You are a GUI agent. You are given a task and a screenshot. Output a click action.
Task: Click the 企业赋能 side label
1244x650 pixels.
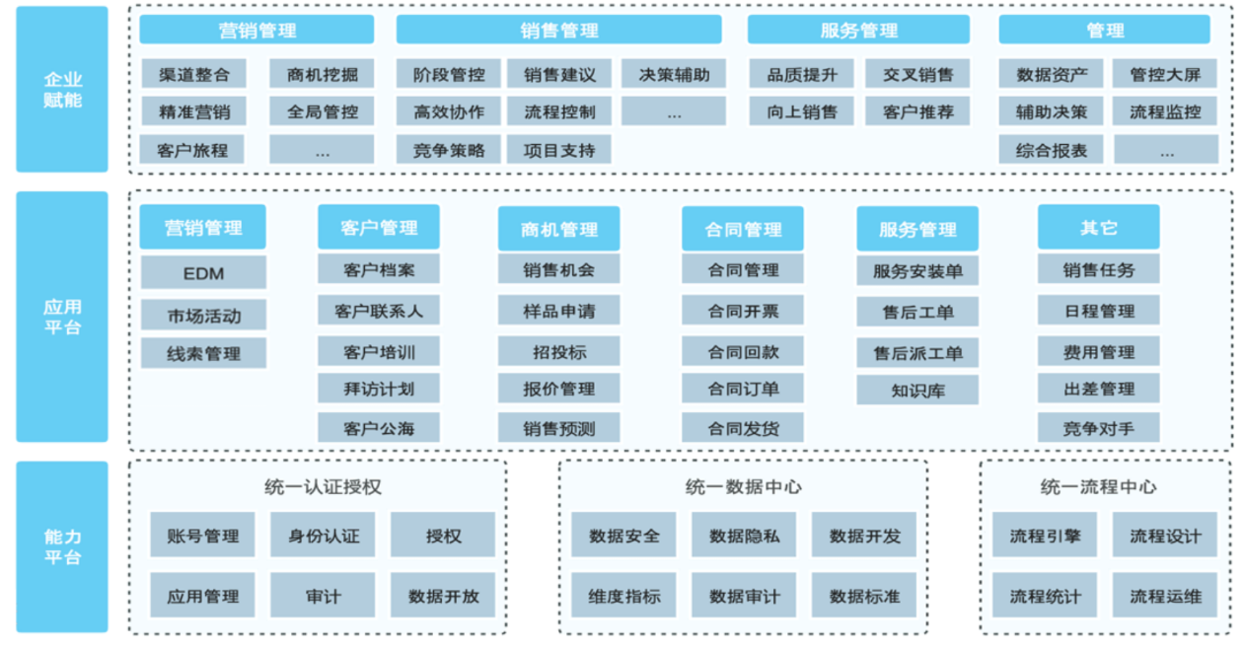click(x=62, y=89)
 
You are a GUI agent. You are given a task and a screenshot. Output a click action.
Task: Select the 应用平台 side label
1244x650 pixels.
click(x=62, y=317)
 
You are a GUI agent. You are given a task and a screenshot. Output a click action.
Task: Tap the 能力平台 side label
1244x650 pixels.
click(x=62, y=546)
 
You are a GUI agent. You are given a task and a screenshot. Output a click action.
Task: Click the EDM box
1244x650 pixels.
click(x=203, y=273)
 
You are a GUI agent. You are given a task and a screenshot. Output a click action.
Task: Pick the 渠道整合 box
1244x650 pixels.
click(x=193, y=74)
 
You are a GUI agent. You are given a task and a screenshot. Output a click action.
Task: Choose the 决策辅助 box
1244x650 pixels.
click(x=673, y=74)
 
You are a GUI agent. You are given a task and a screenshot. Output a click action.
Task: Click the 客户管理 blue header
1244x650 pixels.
click(x=378, y=228)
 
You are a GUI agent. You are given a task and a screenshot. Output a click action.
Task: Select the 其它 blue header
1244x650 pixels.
click(x=1098, y=228)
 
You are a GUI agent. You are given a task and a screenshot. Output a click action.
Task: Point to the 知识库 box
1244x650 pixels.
click(x=917, y=391)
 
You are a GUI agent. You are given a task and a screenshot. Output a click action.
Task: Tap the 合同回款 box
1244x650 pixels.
click(x=743, y=352)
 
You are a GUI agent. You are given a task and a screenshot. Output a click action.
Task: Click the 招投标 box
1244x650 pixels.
click(x=558, y=352)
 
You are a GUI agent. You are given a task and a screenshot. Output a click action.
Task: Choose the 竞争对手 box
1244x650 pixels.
click(x=1098, y=428)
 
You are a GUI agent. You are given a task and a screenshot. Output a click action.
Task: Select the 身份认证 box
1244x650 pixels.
click(x=323, y=537)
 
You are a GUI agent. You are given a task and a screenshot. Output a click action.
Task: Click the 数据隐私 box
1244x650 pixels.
click(x=744, y=537)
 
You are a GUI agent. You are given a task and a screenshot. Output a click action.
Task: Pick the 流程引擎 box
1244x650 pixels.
click(x=1044, y=537)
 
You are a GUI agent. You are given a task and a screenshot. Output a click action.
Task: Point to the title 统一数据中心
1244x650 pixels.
click(x=743, y=487)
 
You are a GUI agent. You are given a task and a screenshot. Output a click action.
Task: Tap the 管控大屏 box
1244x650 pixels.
click(x=1165, y=74)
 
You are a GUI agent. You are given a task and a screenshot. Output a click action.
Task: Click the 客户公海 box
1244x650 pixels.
click(x=378, y=429)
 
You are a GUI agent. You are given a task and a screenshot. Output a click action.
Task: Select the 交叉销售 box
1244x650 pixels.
click(x=917, y=74)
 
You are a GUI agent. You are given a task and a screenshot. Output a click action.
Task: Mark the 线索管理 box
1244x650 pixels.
click(x=203, y=353)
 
